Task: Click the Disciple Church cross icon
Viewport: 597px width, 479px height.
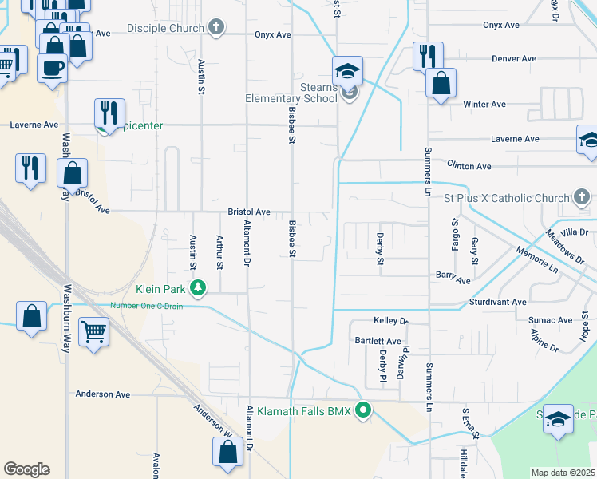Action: tap(215, 28)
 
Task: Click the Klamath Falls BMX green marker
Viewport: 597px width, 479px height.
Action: tap(364, 411)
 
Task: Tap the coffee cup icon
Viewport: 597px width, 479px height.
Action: tap(52, 68)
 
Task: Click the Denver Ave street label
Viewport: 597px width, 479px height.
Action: tap(514, 59)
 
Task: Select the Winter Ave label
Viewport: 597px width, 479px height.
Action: tap(484, 105)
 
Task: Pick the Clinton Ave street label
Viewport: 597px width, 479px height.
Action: tap(469, 166)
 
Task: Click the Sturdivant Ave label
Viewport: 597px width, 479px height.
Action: tap(497, 303)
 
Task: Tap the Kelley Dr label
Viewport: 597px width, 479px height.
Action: tap(391, 320)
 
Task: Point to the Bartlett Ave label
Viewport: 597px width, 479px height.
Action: tap(377, 341)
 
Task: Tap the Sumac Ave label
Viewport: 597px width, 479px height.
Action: tap(550, 320)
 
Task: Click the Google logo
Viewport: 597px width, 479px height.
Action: tap(26, 469)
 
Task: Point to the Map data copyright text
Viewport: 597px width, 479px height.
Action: tap(563, 473)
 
